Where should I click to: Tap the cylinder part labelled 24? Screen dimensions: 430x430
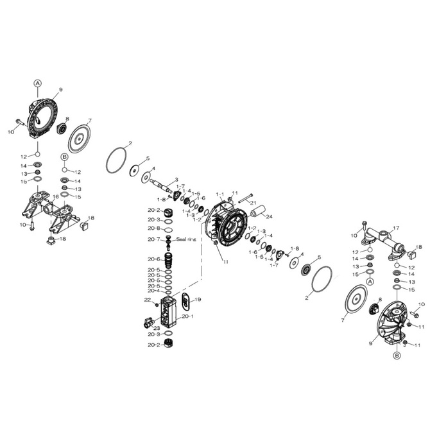(257, 211)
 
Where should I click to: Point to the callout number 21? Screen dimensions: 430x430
(253, 203)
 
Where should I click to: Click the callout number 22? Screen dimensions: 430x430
(147, 300)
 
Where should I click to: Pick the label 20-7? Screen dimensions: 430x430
(153, 239)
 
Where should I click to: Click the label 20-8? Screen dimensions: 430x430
(153, 228)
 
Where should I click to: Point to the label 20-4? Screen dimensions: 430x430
(153, 291)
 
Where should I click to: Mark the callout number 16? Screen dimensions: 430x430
(56, 196)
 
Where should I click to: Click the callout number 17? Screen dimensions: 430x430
(396, 228)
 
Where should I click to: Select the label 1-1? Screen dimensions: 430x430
(219, 193)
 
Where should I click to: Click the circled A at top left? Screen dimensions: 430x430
(37, 83)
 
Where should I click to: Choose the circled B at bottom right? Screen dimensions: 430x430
(397, 354)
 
